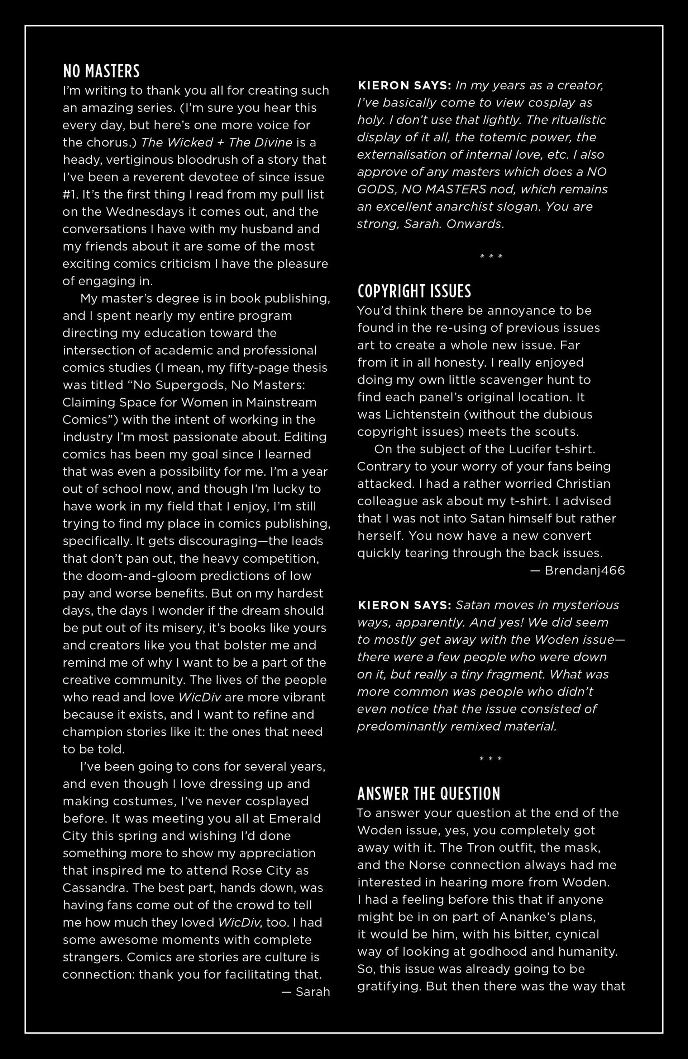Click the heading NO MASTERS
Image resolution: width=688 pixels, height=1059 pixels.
tap(101, 71)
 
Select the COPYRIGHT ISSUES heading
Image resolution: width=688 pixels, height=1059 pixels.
tap(414, 291)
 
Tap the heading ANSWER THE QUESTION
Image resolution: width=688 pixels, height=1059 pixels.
tap(429, 794)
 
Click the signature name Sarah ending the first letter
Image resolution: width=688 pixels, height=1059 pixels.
tap(313, 992)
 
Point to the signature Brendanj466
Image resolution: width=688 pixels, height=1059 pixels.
tap(584, 571)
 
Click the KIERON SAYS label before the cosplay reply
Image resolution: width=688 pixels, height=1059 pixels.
tap(405, 85)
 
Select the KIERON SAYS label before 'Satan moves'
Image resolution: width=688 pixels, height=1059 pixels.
tap(405, 605)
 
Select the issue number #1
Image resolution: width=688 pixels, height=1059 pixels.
tap(70, 195)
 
